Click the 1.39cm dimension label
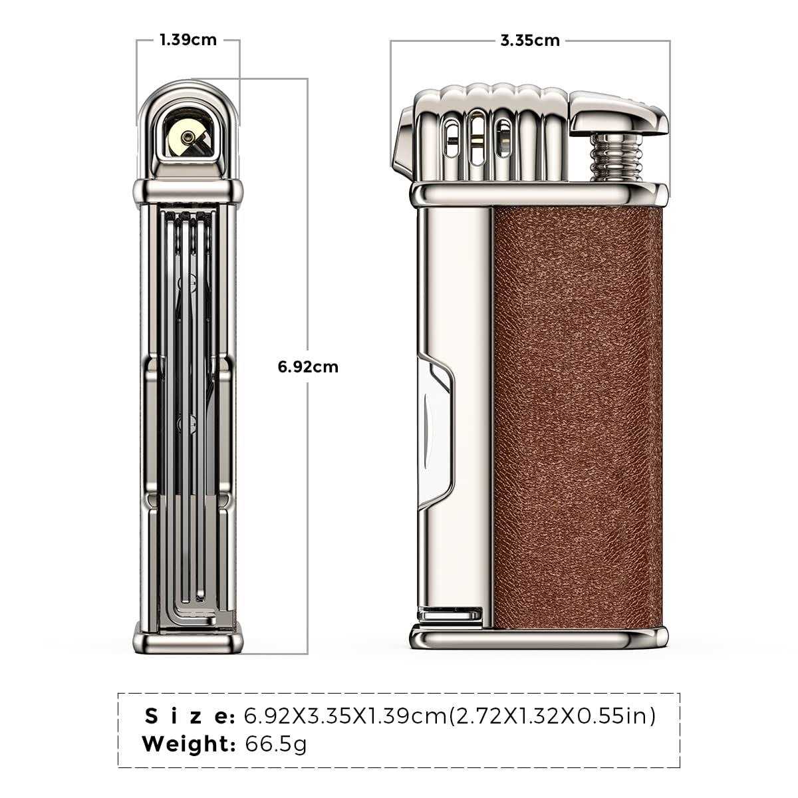[188, 40]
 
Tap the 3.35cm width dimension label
[529, 41]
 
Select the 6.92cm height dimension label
[308, 366]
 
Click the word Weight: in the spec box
[189, 743]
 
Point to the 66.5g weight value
[276, 743]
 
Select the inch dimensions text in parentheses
[551, 716]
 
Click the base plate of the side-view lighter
[539, 638]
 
